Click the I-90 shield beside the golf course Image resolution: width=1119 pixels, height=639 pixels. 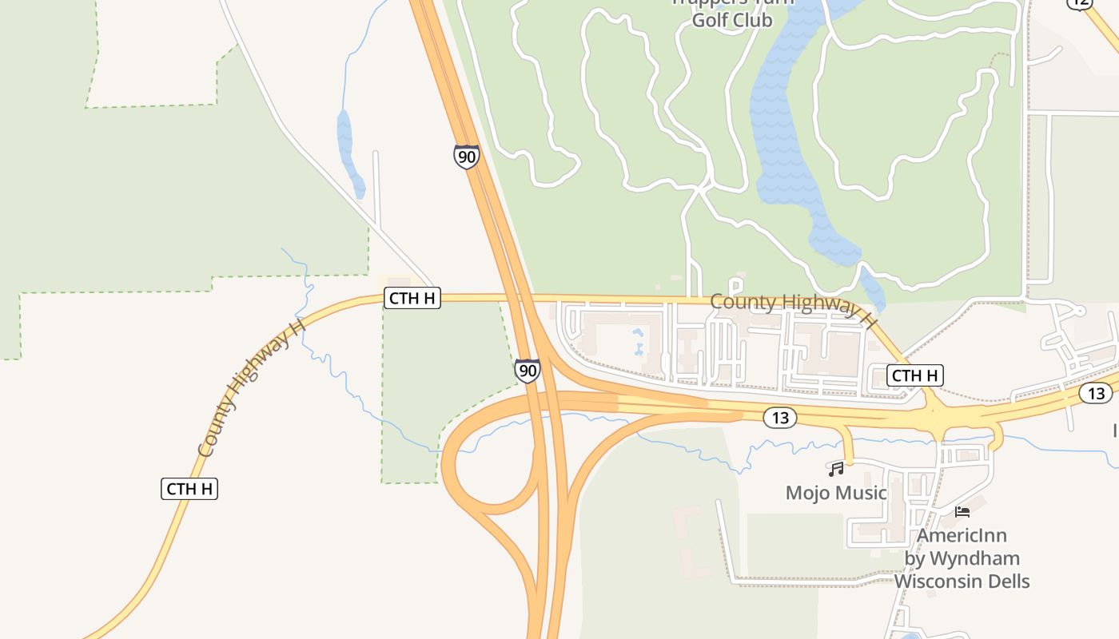466,157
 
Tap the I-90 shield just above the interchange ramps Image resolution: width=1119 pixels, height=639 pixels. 527,371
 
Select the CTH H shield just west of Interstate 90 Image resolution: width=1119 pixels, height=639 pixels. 412,298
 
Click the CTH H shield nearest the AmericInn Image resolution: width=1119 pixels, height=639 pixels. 915,375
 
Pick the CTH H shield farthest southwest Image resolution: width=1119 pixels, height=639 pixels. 189,489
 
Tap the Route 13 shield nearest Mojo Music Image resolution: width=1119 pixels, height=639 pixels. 779,417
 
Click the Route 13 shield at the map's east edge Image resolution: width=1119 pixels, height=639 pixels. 1096,393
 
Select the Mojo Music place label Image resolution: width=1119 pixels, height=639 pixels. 836,493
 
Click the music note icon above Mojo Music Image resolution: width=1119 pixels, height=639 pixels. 836,469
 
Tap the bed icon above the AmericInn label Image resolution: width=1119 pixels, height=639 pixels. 962,511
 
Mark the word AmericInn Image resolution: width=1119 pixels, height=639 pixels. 962,535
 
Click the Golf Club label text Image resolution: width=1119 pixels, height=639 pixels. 732,20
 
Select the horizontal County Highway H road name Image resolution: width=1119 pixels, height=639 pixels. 791,308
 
